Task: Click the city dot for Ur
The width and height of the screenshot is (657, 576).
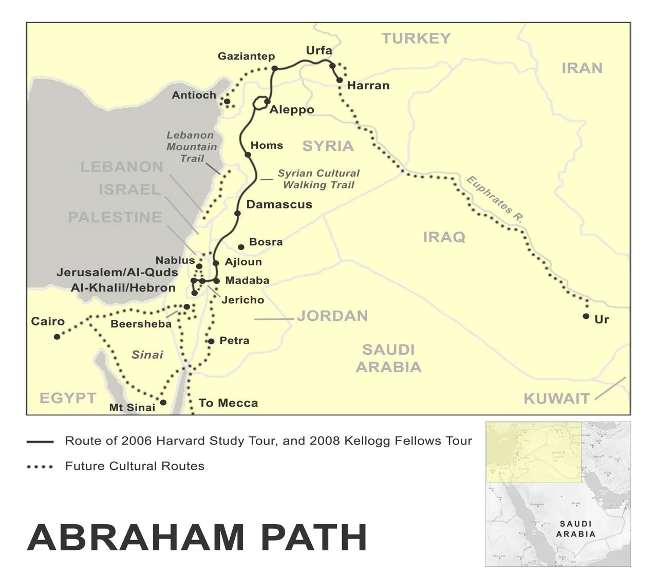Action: (586, 316)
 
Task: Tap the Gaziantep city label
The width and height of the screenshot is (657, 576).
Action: (246, 56)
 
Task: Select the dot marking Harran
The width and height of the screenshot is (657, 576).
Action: (340, 80)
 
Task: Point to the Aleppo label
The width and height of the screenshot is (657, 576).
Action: (292, 110)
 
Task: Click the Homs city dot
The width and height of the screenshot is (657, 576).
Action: (248, 155)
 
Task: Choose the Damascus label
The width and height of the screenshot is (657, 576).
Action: (279, 204)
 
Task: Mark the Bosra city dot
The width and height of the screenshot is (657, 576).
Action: (241, 247)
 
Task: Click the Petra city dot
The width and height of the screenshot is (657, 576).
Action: (211, 341)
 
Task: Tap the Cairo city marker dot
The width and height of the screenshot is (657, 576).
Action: (57, 337)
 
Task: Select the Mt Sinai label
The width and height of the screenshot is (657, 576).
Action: (132, 408)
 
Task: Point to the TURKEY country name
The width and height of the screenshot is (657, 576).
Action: (416, 39)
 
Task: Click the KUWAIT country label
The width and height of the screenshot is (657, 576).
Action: (556, 399)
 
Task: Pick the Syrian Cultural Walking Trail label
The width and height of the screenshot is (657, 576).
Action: (318, 179)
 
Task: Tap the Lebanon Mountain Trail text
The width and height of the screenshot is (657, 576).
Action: (191, 147)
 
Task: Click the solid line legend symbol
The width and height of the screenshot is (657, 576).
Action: (40, 441)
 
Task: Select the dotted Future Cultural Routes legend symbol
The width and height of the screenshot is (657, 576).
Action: (40, 467)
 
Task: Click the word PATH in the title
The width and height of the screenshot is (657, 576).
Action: (314, 537)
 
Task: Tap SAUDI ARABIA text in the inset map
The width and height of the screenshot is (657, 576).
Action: (575, 529)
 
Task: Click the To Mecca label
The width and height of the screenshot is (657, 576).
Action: (228, 403)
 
